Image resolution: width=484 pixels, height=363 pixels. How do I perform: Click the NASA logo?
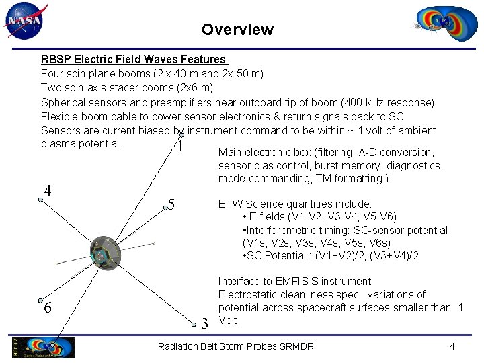pyautogui.click(x=26, y=21)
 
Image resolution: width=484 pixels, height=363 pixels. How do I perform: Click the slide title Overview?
pyautogui.click(x=237, y=30)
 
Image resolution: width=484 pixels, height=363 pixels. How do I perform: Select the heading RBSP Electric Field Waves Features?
pyautogui.click(x=133, y=60)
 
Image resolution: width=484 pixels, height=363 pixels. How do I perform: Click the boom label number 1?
pyautogui.click(x=179, y=146)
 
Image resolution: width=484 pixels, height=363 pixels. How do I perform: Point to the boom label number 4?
pyautogui.click(x=47, y=190)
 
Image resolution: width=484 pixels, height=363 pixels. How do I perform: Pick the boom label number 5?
pyautogui.click(x=172, y=204)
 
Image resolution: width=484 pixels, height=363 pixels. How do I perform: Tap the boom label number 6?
pyautogui.click(x=47, y=308)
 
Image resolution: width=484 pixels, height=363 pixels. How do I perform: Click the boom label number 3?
pyautogui.click(x=205, y=324)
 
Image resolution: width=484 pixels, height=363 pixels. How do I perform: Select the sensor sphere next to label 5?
pyautogui.click(x=165, y=208)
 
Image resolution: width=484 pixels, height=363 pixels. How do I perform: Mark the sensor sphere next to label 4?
pyautogui.click(x=40, y=200)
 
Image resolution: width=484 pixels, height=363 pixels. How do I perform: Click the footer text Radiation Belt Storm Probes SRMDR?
pyautogui.click(x=235, y=346)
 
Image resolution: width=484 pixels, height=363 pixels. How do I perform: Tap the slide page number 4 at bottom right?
pyautogui.click(x=452, y=346)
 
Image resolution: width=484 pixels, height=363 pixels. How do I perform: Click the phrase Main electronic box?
pyautogui.click(x=263, y=152)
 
